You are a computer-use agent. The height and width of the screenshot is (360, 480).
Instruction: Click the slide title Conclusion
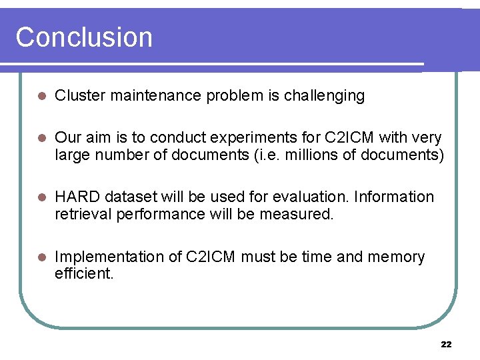coord(84,37)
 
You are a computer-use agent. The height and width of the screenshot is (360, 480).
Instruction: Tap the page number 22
coord(446,344)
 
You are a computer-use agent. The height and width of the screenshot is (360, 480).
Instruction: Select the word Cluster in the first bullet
coord(80,96)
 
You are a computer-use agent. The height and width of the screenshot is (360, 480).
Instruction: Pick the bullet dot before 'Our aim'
coord(41,138)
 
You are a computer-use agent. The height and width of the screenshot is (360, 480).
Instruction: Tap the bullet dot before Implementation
coord(41,257)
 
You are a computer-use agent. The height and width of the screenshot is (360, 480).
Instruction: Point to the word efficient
coord(84,274)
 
